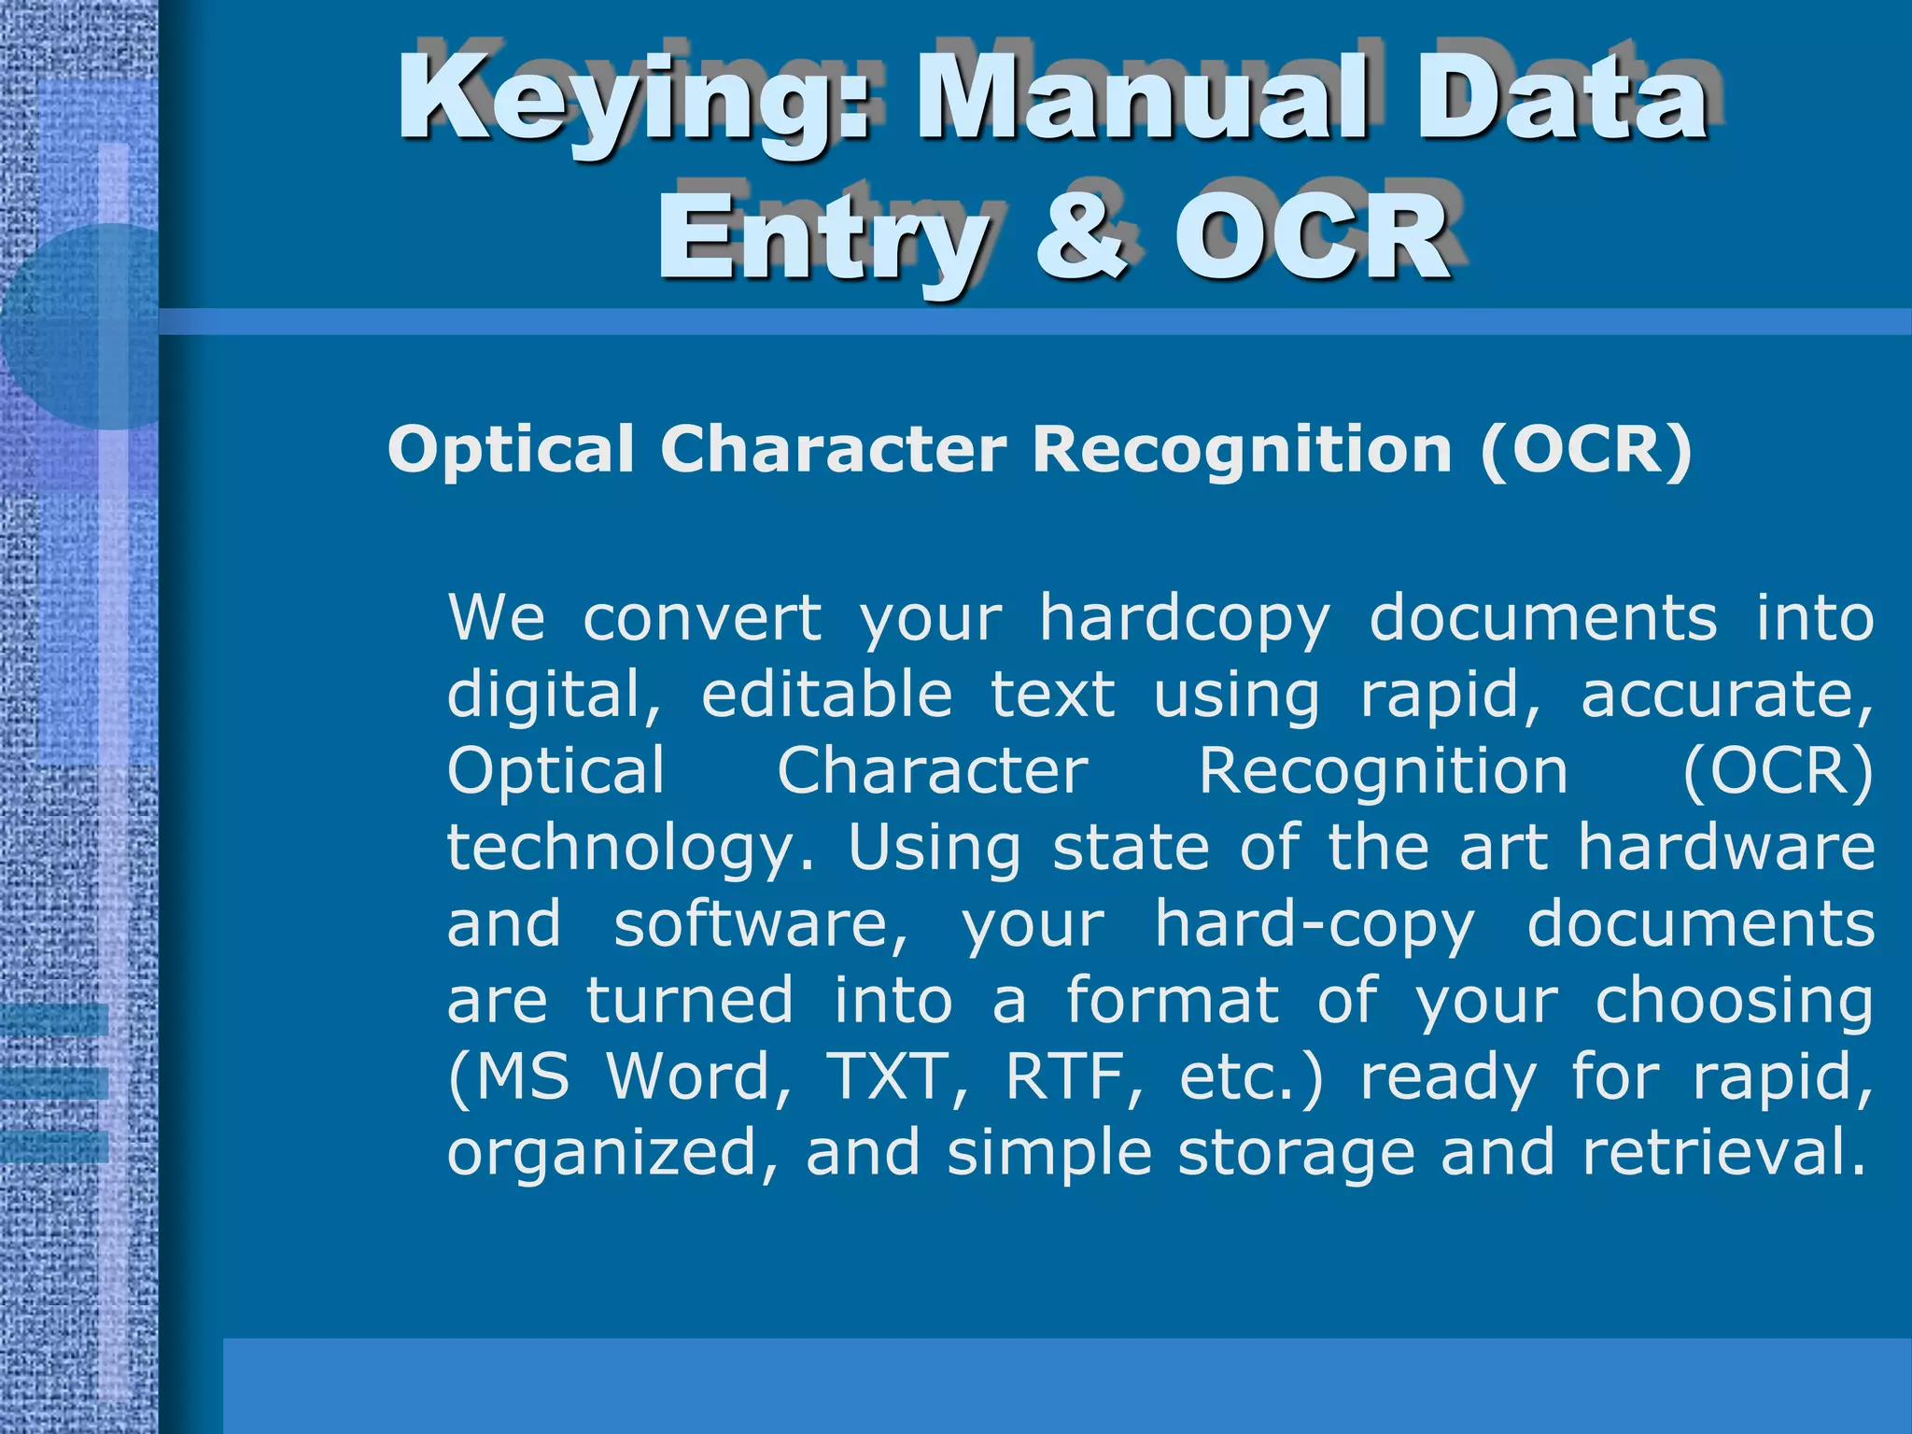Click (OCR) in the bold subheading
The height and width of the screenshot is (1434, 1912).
pos(1586,450)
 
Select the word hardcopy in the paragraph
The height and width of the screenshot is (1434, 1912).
pos(1185,620)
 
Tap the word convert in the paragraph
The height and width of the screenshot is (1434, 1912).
pos(702,618)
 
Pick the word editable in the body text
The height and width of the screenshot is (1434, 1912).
pos(827,695)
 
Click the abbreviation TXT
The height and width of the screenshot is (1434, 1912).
pos(898,1077)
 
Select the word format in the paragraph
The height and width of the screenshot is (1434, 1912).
pos(1173,1001)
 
